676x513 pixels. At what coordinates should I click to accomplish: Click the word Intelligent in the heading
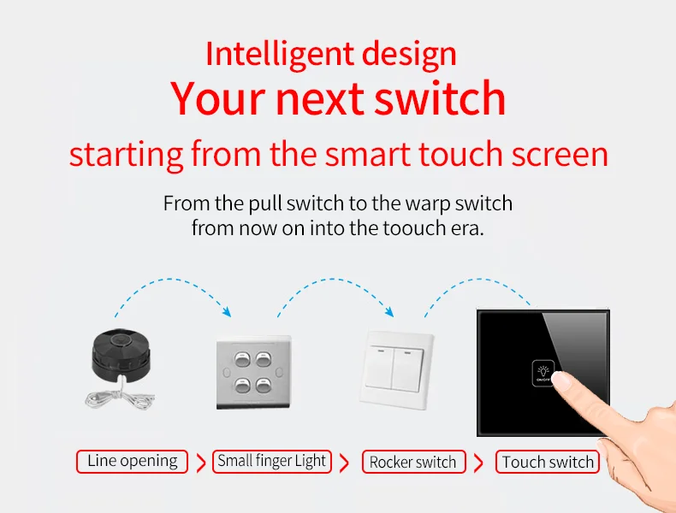click(x=279, y=55)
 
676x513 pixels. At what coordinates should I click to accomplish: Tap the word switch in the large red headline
click(x=440, y=98)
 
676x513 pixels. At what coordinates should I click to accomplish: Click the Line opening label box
click(x=133, y=462)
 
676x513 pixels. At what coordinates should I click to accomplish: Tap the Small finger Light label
click(x=271, y=462)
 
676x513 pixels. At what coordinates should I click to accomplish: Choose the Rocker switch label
click(x=413, y=462)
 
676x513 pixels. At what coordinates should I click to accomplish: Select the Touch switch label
click(x=548, y=462)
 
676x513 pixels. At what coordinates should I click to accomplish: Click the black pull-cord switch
click(x=121, y=354)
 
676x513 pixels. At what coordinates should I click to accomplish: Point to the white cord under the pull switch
click(x=119, y=397)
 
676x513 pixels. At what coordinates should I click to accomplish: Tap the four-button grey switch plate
click(x=253, y=372)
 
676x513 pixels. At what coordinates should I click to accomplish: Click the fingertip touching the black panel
click(x=561, y=381)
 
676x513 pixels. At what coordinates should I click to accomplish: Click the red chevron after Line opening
click(x=201, y=463)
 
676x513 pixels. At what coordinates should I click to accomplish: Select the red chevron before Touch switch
click(x=478, y=463)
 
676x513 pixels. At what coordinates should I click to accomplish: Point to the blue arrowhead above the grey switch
click(x=227, y=312)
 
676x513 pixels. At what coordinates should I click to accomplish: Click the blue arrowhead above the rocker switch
click(x=388, y=311)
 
